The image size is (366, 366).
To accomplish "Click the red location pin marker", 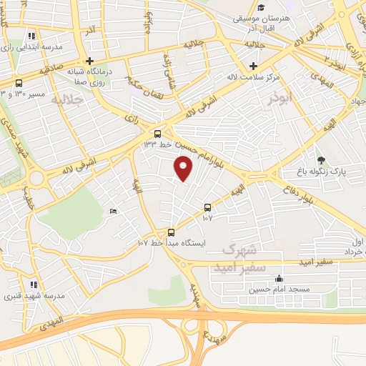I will tap(184, 168).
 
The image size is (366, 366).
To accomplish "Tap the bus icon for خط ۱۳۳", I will tap(157, 133).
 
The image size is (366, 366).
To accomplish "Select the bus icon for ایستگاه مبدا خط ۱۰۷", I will tap(171, 232).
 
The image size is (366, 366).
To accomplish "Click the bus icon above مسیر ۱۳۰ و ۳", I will tap(18, 83).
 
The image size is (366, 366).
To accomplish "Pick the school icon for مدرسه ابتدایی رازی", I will tap(31, 35).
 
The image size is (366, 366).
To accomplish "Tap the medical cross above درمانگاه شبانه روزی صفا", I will tap(89, 61).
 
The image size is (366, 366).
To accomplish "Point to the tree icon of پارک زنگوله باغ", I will tap(321, 160).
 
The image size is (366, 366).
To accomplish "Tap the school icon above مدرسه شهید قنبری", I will tap(31, 285).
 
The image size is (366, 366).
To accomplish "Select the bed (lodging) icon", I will tap(112, 212).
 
